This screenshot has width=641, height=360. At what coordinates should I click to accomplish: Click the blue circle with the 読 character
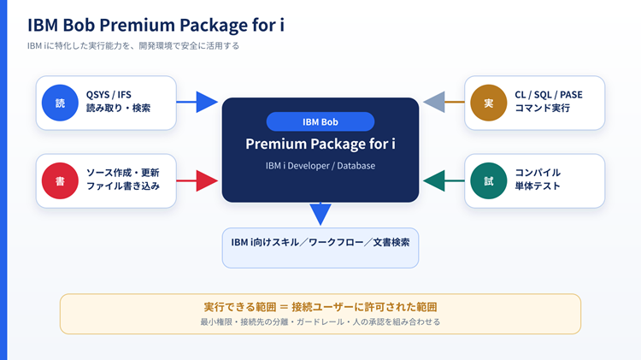pos(60,103)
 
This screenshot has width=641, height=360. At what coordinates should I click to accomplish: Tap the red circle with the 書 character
pos(60,180)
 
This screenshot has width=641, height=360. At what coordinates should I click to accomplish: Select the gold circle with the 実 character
pos(489,103)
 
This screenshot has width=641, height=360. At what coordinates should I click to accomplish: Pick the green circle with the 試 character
pos(489,180)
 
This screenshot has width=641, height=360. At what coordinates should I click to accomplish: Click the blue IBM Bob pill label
pos(320,121)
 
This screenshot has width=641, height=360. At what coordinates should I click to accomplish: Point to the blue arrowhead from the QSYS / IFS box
pos(207,102)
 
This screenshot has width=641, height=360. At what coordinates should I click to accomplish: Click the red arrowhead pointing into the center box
pos(207,180)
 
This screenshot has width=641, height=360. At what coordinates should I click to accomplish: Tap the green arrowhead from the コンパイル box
pos(433,180)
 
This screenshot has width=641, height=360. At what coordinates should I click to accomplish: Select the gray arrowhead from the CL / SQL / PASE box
pos(433,102)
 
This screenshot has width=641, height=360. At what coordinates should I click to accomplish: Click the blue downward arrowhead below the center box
pos(320,215)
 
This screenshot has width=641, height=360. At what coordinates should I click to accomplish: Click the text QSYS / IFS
pos(109,95)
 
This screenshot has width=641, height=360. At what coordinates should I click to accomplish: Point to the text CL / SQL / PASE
pos(549,95)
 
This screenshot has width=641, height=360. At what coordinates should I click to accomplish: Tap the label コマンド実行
pos(542,108)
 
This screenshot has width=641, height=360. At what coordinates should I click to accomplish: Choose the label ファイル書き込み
pos(122,186)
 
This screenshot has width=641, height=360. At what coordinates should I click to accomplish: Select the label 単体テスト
pos(538,186)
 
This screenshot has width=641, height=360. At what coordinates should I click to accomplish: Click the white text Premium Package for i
pos(320,144)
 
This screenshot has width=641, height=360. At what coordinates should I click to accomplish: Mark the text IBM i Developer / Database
pos(320,166)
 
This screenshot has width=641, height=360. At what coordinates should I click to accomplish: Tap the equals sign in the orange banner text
pos(284,307)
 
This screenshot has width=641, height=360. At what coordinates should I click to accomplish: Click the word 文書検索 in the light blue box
pos(391,242)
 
